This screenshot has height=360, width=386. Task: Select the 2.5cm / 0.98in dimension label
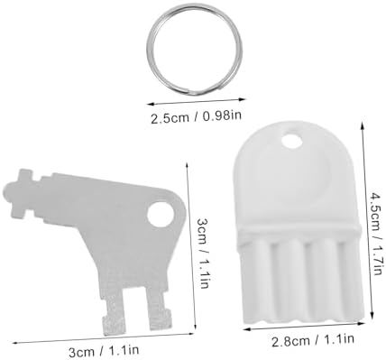point(196,116)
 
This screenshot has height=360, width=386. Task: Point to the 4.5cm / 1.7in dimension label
point(376,234)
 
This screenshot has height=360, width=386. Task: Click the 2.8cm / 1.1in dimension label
point(313,340)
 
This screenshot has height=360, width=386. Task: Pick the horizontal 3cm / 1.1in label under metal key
point(104,351)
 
